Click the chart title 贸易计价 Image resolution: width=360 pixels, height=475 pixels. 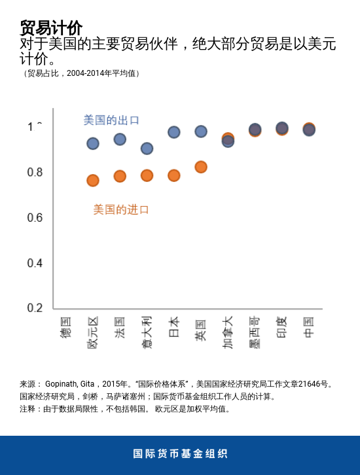click(x=51, y=28)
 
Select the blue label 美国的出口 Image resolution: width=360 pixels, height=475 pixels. click(x=111, y=120)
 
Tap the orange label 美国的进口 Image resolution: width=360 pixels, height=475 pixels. click(x=121, y=209)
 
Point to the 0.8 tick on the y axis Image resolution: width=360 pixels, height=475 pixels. click(x=35, y=172)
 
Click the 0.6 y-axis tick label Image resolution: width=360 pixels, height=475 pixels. click(x=35, y=217)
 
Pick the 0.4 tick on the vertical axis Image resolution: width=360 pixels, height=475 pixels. click(x=35, y=263)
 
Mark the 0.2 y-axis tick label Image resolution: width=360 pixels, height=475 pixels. click(x=35, y=308)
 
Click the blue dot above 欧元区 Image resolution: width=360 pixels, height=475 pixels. click(x=93, y=144)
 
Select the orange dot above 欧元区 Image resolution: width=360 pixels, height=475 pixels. click(x=93, y=181)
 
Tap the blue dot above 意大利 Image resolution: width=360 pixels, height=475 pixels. click(x=147, y=149)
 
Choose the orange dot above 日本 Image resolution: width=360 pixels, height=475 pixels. click(x=174, y=175)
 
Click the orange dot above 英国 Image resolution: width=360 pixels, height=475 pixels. click(x=201, y=167)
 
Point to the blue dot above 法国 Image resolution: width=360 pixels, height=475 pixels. click(x=120, y=139)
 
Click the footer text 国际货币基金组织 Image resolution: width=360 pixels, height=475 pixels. click(x=180, y=454)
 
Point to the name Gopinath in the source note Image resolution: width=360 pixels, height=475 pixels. click(x=62, y=384)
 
